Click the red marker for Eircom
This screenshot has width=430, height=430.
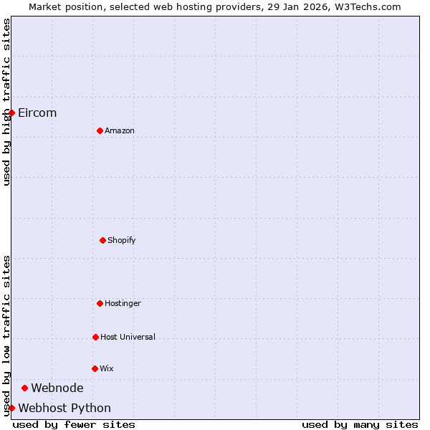tap(11, 113)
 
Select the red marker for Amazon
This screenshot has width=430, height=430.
tap(100, 130)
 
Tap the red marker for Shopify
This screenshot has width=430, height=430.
tap(102, 240)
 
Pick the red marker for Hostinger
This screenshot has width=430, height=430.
tap(100, 303)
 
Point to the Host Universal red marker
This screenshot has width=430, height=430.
tap(95, 337)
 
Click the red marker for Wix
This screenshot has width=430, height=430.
tap(95, 368)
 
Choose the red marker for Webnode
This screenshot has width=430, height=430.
tap(24, 388)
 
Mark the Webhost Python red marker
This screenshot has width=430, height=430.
tap(11, 408)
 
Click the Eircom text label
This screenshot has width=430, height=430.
tap(37, 113)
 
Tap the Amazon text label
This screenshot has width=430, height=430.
tap(120, 130)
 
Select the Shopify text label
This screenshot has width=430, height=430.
tap(122, 240)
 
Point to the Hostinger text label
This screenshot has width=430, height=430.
tap(123, 303)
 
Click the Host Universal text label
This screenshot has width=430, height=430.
tap(128, 337)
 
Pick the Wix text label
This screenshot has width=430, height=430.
tap(107, 368)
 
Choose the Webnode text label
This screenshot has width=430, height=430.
tap(57, 388)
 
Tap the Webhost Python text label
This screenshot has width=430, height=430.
tap(64, 408)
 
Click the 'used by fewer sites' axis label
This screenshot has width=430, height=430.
tap(74, 424)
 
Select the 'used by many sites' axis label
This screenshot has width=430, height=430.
tap(360, 424)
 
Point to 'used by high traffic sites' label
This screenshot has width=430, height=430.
tap(6, 102)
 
